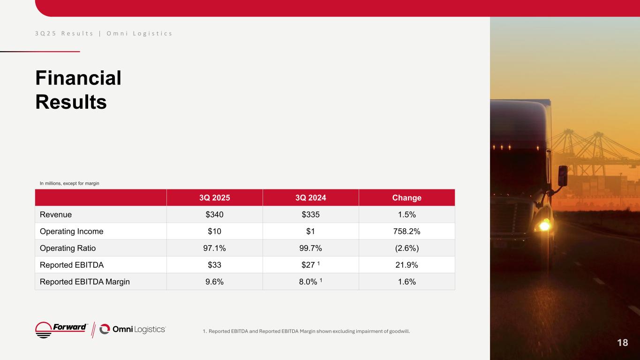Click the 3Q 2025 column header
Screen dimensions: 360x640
pyautogui.click(x=215, y=198)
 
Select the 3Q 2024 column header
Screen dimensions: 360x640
pyautogui.click(x=310, y=198)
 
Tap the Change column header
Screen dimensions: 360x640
pyautogui.click(x=407, y=198)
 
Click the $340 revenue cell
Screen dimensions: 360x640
pyautogui.click(x=215, y=215)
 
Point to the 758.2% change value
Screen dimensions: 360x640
pyautogui.click(x=407, y=232)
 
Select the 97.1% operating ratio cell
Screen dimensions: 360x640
pyautogui.click(x=215, y=248)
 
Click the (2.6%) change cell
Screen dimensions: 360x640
pyautogui.click(x=407, y=248)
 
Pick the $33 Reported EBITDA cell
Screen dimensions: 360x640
pyautogui.click(x=215, y=265)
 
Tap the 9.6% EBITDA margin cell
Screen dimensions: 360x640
pyautogui.click(x=215, y=282)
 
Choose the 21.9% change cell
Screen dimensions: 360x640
pyautogui.click(x=407, y=265)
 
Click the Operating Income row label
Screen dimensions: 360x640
pyautogui.click(x=71, y=232)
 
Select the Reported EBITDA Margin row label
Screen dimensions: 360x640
pyautogui.click(x=84, y=282)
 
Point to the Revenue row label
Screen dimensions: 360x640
pyautogui.click(x=56, y=215)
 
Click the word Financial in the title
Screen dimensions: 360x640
pyautogui.click(x=78, y=78)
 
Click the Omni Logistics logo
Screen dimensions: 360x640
pyautogui.click(x=133, y=330)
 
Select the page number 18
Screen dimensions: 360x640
pyautogui.click(x=622, y=343)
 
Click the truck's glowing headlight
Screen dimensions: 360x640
pyautogui.click(x=544, y=226)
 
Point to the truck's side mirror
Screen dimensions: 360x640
pyautogui.click(x=563, y=175)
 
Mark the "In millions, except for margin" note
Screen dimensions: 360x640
pyautogui.click(x=69, y=183)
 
